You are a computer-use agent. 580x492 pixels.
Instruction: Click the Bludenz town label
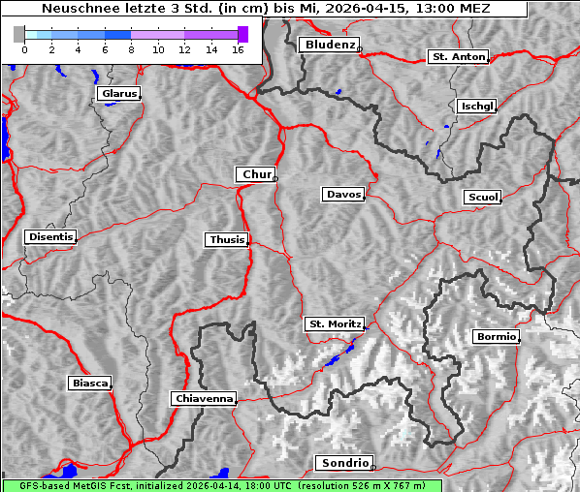[328, 45]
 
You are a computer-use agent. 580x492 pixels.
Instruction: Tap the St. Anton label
[457, 57]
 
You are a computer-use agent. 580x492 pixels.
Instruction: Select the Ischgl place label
[476, 106]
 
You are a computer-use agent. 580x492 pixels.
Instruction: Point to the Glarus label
[117, 94]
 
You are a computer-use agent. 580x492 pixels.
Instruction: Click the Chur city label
[256, 174]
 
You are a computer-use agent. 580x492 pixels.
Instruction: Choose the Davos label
[342, 195]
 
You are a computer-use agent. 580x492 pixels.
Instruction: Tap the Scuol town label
[482, 198]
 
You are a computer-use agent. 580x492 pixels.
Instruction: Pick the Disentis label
[49, 237]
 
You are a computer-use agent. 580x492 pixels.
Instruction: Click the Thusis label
[226, 239]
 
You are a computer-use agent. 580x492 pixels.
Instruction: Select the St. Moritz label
[334, 324]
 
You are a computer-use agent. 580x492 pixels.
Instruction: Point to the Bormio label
[496, 337]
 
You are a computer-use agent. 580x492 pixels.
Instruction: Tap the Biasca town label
[89, 384]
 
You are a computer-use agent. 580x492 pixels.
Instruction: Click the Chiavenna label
[203, 398]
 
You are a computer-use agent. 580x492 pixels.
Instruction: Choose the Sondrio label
[342, 463]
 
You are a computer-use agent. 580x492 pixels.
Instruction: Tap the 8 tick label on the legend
[131, 48]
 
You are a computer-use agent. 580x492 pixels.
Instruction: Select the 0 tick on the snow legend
[24, 48]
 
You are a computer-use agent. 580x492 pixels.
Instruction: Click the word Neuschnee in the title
[73, 9]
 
